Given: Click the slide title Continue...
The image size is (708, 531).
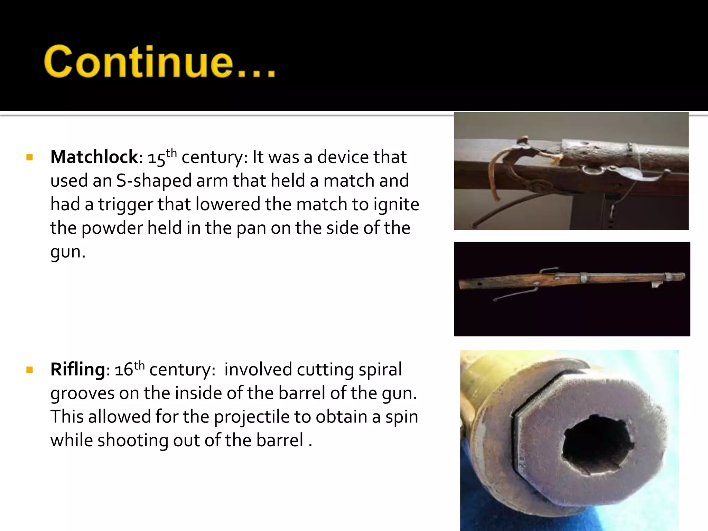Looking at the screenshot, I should pyautogui.click(x=160, y=61).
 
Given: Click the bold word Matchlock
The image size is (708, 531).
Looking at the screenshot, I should pyautogui.click(x=94, y=157).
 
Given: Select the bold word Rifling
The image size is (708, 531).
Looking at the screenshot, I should pyautogui.click(x=78, y=370).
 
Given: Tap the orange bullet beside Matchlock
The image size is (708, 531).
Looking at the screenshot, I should pyautogui.click(x=29, y=158).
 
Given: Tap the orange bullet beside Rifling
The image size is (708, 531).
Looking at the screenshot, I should pyautogui.click(x=29, y=370).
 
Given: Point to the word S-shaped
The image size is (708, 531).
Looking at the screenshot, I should pyautogui.click(x=153, y=181).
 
